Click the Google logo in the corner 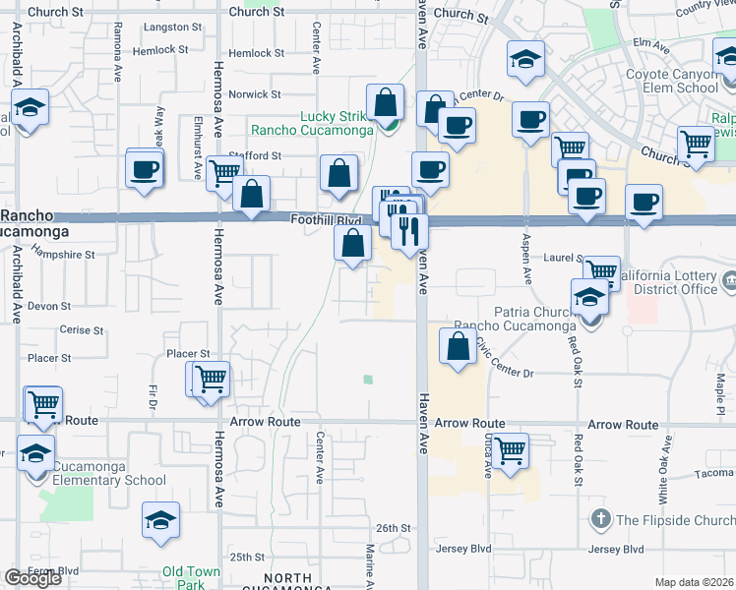32,578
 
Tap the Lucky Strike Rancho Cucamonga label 312,123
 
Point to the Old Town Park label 192,577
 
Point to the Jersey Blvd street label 615,549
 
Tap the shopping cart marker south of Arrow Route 510,450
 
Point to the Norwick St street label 255,94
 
